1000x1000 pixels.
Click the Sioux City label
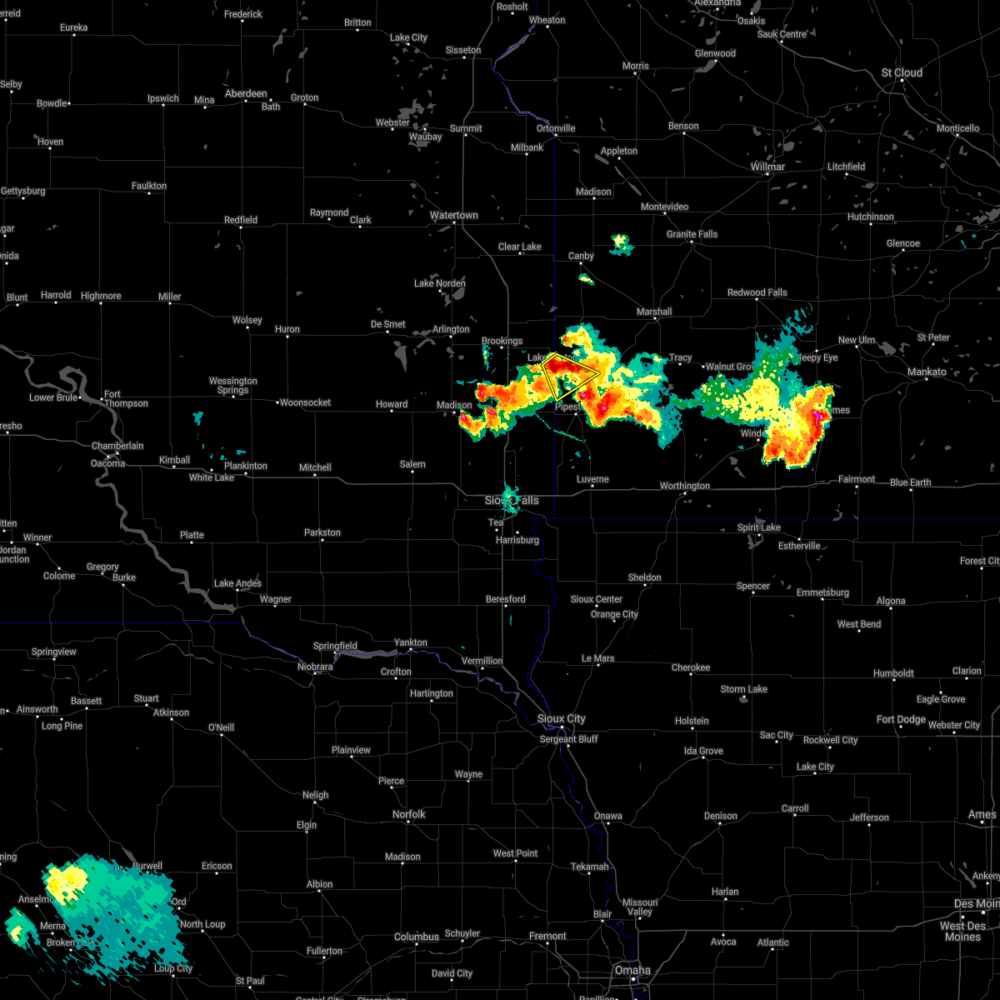pos(561,718)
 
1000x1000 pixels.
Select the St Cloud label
pos(902,72)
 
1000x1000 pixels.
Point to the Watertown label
pos(454,215)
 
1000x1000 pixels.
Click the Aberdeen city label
pos(246,93)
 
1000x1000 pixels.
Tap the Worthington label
pos(684,486)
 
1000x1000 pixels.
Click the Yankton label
pos(410,642)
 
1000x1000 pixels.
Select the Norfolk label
pos(408,814)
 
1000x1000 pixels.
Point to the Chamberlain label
pos(117,446)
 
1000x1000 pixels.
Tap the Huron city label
pos(287,329)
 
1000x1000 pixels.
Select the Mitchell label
pos(315,467)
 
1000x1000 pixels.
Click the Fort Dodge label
pos(901,719)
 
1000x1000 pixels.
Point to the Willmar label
pos(767,167)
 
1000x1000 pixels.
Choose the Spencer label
pos(752,586)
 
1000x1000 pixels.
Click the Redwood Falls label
pos(757,292)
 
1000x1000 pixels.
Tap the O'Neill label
pos(221,727)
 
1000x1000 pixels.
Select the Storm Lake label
pos(744,689)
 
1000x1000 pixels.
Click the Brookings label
pos(502,341)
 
